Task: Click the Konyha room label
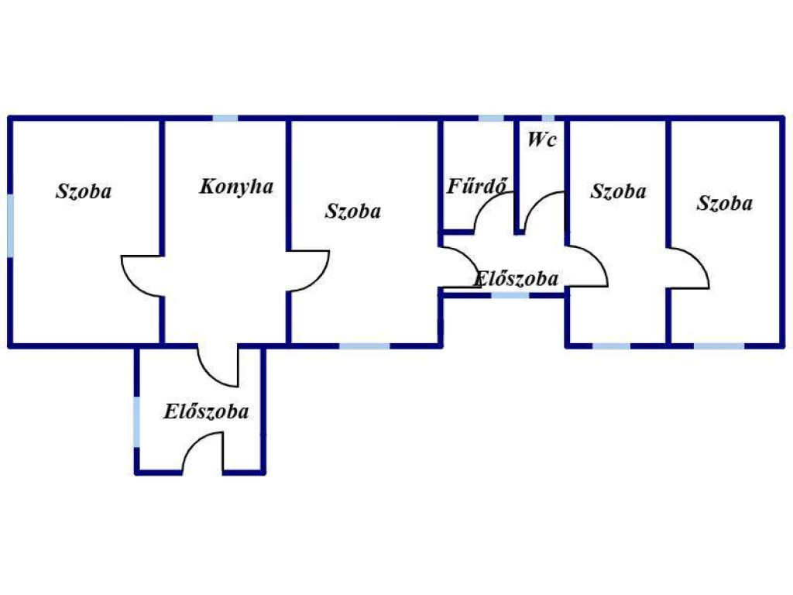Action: pyautogui.click(x=237, y=187)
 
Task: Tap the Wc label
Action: pyautogui.click(x=541, y=139)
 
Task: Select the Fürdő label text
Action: pyautogui.click(x=476, y=186)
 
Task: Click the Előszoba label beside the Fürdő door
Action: pyautogui.click(x=517, y=279)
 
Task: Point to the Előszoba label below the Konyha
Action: pyautogui.click(x=206, y=411)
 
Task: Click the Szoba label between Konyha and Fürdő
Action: pyautogui.click(x=353, y=211)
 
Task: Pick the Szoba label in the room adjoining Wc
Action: pyautogui.click(x=618, y=191)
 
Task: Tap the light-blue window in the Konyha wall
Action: pyautogui.click(x=225, y=119)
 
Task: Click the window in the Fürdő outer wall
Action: pyautogui.click(x=491, y=119)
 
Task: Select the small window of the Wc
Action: pyautogui.click(x=548, y=119)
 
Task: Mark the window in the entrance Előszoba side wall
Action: pyautogui.click(x=136, y=421)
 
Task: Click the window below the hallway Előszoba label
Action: pyautogui.click(x=510, y=295)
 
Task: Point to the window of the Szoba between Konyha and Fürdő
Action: pyautogui.click(x=365, y=346)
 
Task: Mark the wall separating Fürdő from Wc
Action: pyautogui.click(x=517, y=177)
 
